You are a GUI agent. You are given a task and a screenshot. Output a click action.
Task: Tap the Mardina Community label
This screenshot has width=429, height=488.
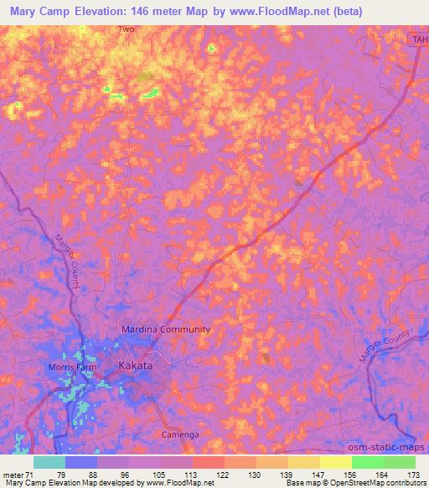click(x=166, y=330)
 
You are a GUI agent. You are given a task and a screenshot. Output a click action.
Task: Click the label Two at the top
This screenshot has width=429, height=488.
click(x=126, y=29)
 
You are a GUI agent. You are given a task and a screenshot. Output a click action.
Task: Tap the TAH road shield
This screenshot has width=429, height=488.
click(x=419, y=39)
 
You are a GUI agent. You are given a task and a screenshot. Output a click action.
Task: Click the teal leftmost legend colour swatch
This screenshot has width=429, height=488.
click(x=49, y=462)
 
